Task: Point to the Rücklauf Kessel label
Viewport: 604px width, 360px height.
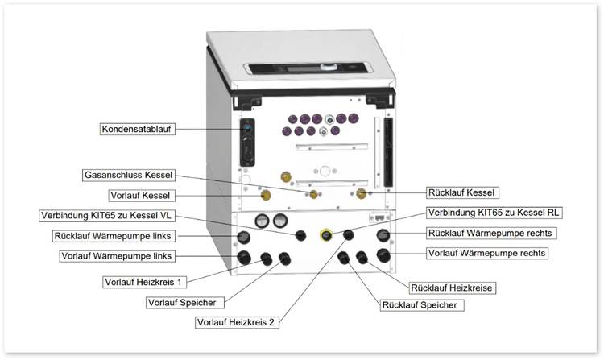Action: click(462, 192)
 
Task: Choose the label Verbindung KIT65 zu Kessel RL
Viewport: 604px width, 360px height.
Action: click(494, 213)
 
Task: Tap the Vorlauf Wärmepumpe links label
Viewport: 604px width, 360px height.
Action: click(118, 256)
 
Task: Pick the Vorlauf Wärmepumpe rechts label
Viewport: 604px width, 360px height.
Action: click(486, 253)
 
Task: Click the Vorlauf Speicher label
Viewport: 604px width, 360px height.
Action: click(178, 302)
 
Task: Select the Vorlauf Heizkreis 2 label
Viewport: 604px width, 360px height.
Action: click(237, 322)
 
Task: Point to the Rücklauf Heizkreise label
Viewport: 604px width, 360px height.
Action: click(453, 288)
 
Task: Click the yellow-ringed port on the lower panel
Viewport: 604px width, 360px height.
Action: click(327, 235)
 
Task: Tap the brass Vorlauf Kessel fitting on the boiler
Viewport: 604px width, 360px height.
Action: click(266, 195)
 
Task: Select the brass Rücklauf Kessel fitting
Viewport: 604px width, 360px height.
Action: click(362, 193)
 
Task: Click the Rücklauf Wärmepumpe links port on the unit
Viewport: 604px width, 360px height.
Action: click(242, 237)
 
